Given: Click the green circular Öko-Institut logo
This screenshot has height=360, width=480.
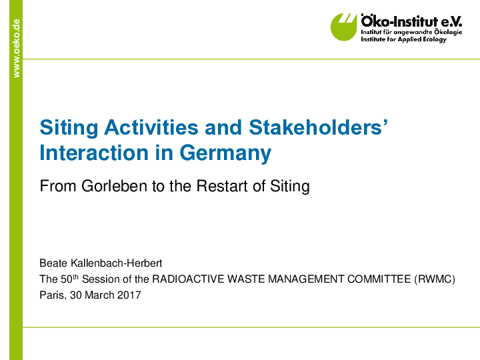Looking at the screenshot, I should (344, 27).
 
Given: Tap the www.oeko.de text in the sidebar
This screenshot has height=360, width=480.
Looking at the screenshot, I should (17, 48).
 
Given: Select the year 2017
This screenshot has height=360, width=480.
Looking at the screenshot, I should (129, 295).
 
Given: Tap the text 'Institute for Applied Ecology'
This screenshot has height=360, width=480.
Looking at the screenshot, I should (403, 39).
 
